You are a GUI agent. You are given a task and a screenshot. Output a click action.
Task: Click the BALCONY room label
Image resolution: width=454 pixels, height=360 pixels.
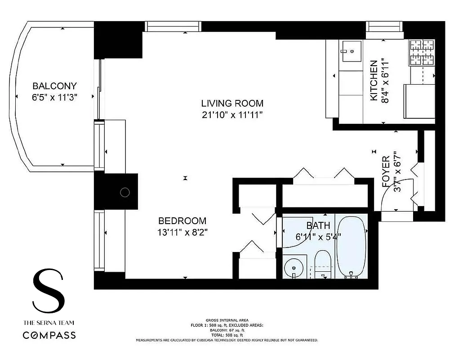[x=55, y=86]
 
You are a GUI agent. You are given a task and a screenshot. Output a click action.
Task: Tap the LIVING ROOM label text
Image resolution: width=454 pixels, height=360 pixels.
[x=232, y=103]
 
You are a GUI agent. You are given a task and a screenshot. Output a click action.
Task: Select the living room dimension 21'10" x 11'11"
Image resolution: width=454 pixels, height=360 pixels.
[x=232, y=115]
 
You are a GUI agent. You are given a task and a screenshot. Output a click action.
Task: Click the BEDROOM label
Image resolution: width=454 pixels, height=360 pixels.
[x=182, y=221]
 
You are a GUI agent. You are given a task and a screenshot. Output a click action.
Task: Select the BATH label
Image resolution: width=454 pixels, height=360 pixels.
[x=318, y=225]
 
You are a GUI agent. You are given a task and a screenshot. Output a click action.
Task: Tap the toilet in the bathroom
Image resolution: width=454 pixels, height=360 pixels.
[x=322, y=264]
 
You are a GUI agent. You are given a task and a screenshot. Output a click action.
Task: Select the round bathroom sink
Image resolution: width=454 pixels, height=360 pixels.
[x=294, y=267]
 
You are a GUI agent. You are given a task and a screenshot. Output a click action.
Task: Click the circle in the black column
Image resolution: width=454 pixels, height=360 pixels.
[x=125, y=193]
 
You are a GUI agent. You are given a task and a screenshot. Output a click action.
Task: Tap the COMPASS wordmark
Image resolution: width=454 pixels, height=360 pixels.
[x=49, y=335]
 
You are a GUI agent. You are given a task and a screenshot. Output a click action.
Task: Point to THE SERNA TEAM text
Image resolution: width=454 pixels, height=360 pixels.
[x=49, y=323]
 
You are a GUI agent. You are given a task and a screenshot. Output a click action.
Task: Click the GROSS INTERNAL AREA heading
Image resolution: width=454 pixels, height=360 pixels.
[x=227, y=320]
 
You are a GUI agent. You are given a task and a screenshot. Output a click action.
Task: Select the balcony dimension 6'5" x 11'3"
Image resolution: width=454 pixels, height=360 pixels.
[x=55, y=98]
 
